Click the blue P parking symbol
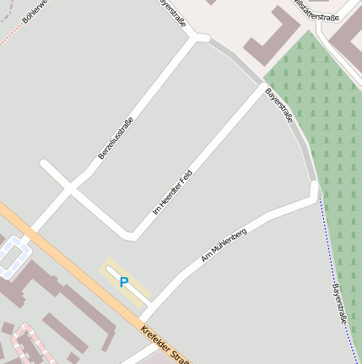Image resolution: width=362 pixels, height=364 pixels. pos(124,282)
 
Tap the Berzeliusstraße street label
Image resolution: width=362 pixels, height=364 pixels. pos(116,139)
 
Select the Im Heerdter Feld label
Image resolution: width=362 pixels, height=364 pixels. pos(173,192)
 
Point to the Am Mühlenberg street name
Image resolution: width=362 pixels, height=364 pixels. pos(224,244)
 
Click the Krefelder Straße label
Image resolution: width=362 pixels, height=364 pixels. pos(165,345)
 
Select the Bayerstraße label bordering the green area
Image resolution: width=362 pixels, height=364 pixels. pos(279,105)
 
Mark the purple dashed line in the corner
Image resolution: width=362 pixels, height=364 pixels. pos(7,7)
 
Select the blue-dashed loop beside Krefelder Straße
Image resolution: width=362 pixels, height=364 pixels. pos(12,257)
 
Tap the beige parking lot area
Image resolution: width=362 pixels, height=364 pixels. pos(127,283)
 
